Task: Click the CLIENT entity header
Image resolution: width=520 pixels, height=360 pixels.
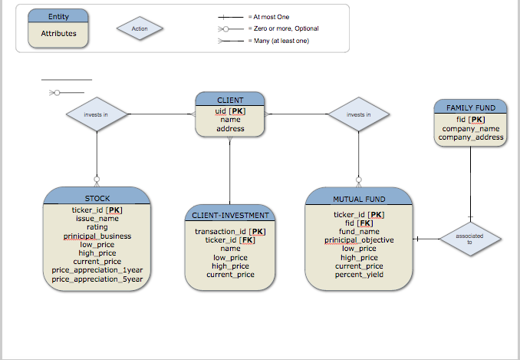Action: (230, 100)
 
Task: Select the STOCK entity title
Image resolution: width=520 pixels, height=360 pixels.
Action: (97, 199)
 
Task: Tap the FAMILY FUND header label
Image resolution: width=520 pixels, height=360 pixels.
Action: (470, 108)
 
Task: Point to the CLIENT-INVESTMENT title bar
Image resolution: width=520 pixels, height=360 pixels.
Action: (229, 216)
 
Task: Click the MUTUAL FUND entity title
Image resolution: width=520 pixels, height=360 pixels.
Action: (358, 199)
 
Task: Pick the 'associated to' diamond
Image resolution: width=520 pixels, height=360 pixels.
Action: (469, 239)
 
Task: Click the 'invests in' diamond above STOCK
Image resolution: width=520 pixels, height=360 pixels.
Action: (96, 115)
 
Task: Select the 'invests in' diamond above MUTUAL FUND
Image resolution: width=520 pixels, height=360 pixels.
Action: (358, 115)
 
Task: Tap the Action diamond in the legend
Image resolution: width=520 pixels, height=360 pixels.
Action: (140, 29)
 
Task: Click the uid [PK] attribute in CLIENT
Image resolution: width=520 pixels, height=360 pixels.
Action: (230, 111)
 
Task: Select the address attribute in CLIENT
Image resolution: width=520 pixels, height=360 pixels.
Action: (230, 129)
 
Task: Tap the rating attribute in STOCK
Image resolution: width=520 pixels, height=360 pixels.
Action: (97, 227)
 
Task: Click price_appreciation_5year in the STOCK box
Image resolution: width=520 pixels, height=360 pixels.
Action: (97, 279)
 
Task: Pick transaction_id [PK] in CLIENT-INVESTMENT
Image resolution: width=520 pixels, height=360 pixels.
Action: (230, 231)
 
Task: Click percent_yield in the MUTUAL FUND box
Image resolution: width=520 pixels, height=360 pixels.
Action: (359, 275)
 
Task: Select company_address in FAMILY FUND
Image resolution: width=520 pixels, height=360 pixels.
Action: (470, 137)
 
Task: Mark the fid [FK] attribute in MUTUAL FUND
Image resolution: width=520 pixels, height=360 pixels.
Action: (359, 223)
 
